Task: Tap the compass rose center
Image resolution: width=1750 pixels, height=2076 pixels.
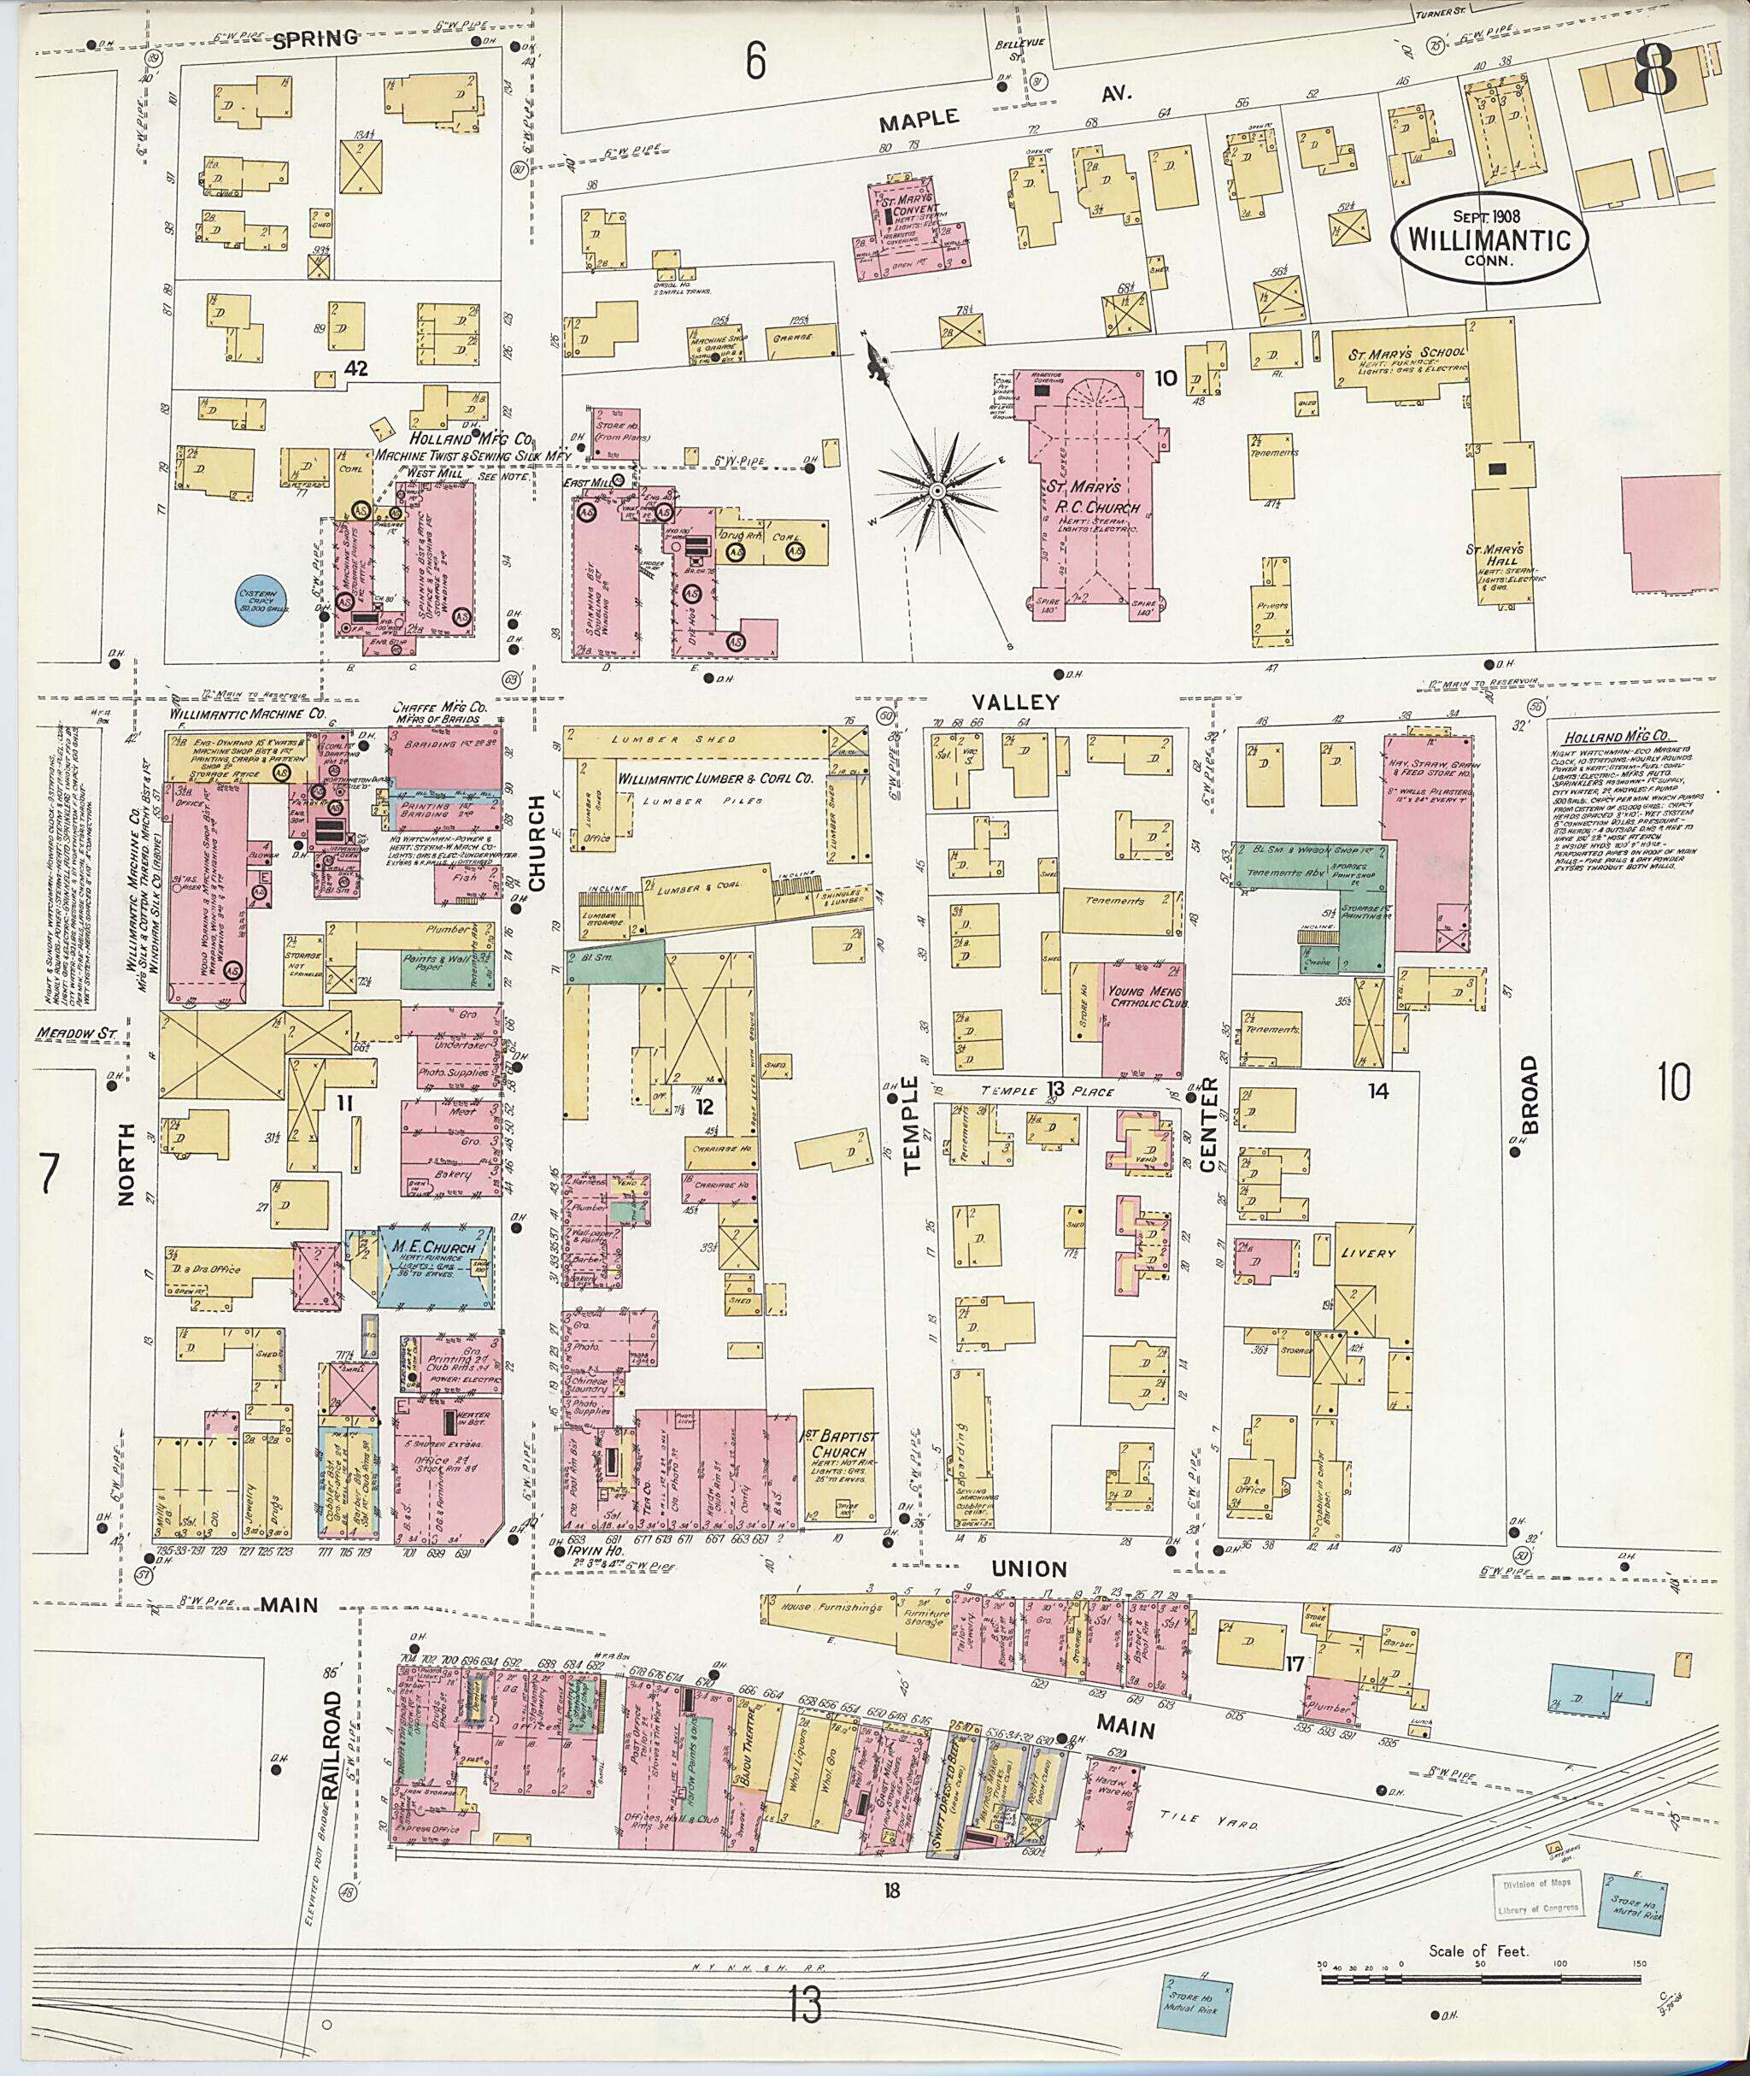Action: click(x=936, y=491)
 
